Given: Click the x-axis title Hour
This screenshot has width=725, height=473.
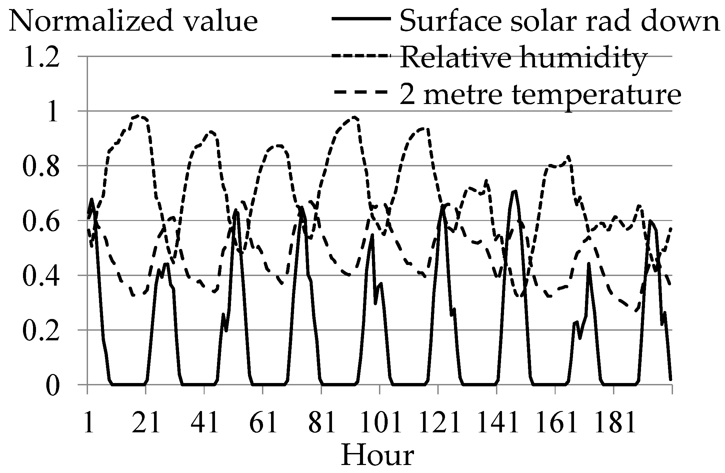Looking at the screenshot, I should [x=378, y=456].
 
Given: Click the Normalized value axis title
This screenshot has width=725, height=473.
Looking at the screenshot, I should [x=133, y=21].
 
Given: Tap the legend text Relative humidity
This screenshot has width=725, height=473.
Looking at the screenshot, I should [x=523, y=57].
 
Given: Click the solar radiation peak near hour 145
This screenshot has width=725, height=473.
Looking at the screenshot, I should [x=515, y=191].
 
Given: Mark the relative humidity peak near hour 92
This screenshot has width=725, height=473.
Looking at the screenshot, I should [x=354, y=117].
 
